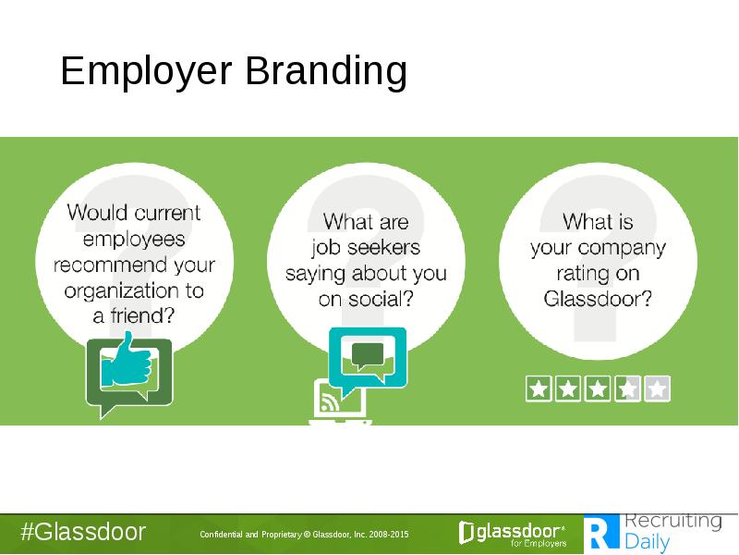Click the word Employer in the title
click(x=146, y=71)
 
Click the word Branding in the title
click(x=326, y=70)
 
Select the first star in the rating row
click(x=539, y=388)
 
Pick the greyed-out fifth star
click(x=657, y=388)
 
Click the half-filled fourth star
click(x=627, y=388)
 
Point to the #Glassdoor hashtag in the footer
click(x=83, y=533)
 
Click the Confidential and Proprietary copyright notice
click(x=304, y=535)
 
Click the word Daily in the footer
click(x=648, y=542)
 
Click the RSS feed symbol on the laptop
click(x=330, y=401)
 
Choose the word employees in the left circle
click(x=134, y=240)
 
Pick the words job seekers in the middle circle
click(x=366, y=247)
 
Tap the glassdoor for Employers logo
click(x=513, y=534)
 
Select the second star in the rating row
click(x=568, y=388)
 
